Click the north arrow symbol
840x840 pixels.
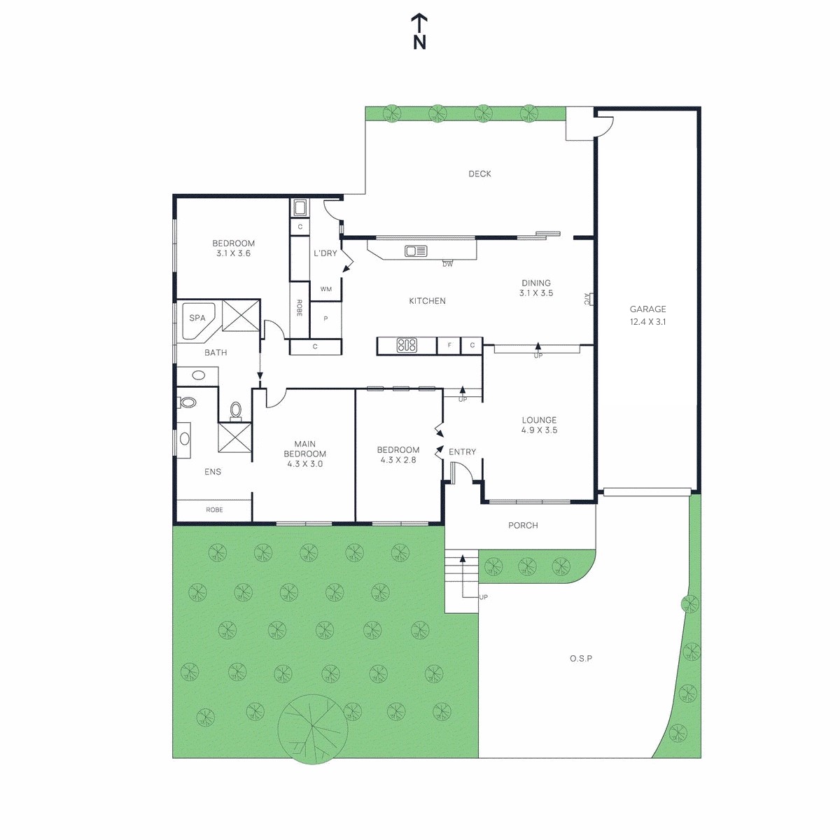[419, 31]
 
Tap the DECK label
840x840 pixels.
[479, 174]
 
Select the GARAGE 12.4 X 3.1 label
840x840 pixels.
[647, 315]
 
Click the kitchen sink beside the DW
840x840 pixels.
[416, 251]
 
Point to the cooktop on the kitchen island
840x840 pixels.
[407, 345]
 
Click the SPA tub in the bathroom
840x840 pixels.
[197, 319]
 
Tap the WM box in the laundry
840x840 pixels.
[326, 289]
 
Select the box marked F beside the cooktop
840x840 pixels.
[449, 345]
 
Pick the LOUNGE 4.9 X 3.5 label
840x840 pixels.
[539, 425]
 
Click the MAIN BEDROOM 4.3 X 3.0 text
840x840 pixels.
[304, 454]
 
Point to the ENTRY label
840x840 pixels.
[462, 452]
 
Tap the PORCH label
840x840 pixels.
[523, 525]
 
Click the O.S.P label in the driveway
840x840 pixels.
[580, 659]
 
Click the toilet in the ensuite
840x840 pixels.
[187, 402]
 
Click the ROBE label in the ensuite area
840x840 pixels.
[214, 510]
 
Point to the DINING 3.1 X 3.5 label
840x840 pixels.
[536, 288]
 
